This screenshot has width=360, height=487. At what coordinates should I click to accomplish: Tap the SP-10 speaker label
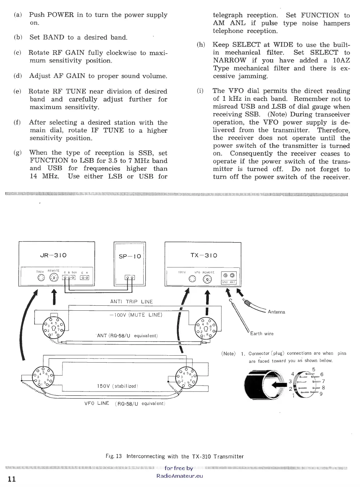click(130, 256)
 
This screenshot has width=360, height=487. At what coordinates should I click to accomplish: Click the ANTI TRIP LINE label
click(132, 302)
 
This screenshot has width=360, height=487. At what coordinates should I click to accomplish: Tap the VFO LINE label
click(97, 403)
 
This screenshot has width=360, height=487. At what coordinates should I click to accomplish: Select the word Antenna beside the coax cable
click(276, 312)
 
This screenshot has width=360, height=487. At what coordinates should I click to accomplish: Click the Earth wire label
click(262, 334)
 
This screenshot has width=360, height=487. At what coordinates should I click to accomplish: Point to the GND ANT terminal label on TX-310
click(228, 282)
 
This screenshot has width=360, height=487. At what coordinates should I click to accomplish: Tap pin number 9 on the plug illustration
click(321, 394)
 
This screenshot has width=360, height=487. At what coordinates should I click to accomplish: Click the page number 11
click(12, 479)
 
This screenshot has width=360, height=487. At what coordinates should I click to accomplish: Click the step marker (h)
click(201, 45)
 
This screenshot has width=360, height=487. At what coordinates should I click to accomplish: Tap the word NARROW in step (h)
click(230, 61)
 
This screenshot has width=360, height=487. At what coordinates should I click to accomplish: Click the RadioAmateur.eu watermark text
click(180, 476)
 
